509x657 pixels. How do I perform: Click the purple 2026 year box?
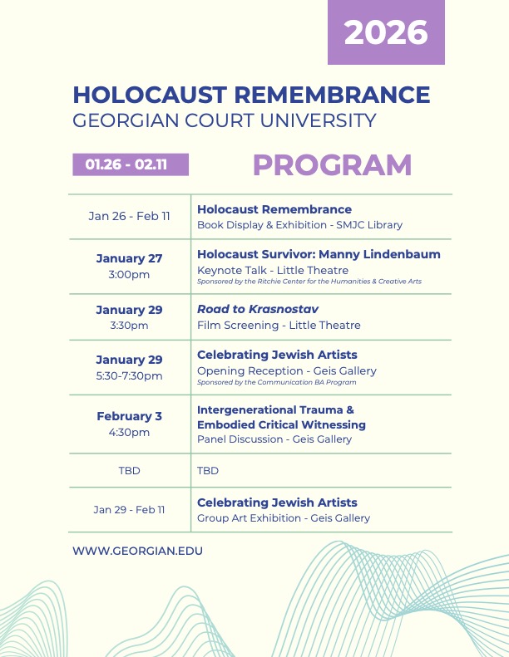pos(386,33)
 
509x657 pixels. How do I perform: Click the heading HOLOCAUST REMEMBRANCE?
pos(251,95)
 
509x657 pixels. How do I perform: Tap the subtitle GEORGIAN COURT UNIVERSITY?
pos(225,120)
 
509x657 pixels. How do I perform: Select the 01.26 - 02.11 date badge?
pos(131,164)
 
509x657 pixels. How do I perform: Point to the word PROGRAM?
pos(332,165)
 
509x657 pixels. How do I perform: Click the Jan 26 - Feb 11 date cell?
pos(129,216)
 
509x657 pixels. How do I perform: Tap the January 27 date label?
pos(129,258)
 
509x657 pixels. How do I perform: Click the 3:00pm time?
pos(129,274)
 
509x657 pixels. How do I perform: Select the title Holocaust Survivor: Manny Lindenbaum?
pos(319,254)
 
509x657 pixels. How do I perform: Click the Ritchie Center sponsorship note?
pos(309,282)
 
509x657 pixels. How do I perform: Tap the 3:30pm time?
pos(129,325)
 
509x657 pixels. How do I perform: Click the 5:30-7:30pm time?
pos(129,375)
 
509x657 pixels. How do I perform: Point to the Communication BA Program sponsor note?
pos(276,383)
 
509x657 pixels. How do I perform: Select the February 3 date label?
pos(129,416)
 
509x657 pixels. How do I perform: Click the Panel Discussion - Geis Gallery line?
pos(274,439)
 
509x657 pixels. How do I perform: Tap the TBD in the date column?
pos(129,470)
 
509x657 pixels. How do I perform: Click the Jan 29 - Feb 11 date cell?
pos(129,509)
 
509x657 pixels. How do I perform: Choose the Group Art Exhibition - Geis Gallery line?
pos(284,517)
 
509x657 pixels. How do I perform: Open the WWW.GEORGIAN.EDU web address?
pos(137,551)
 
